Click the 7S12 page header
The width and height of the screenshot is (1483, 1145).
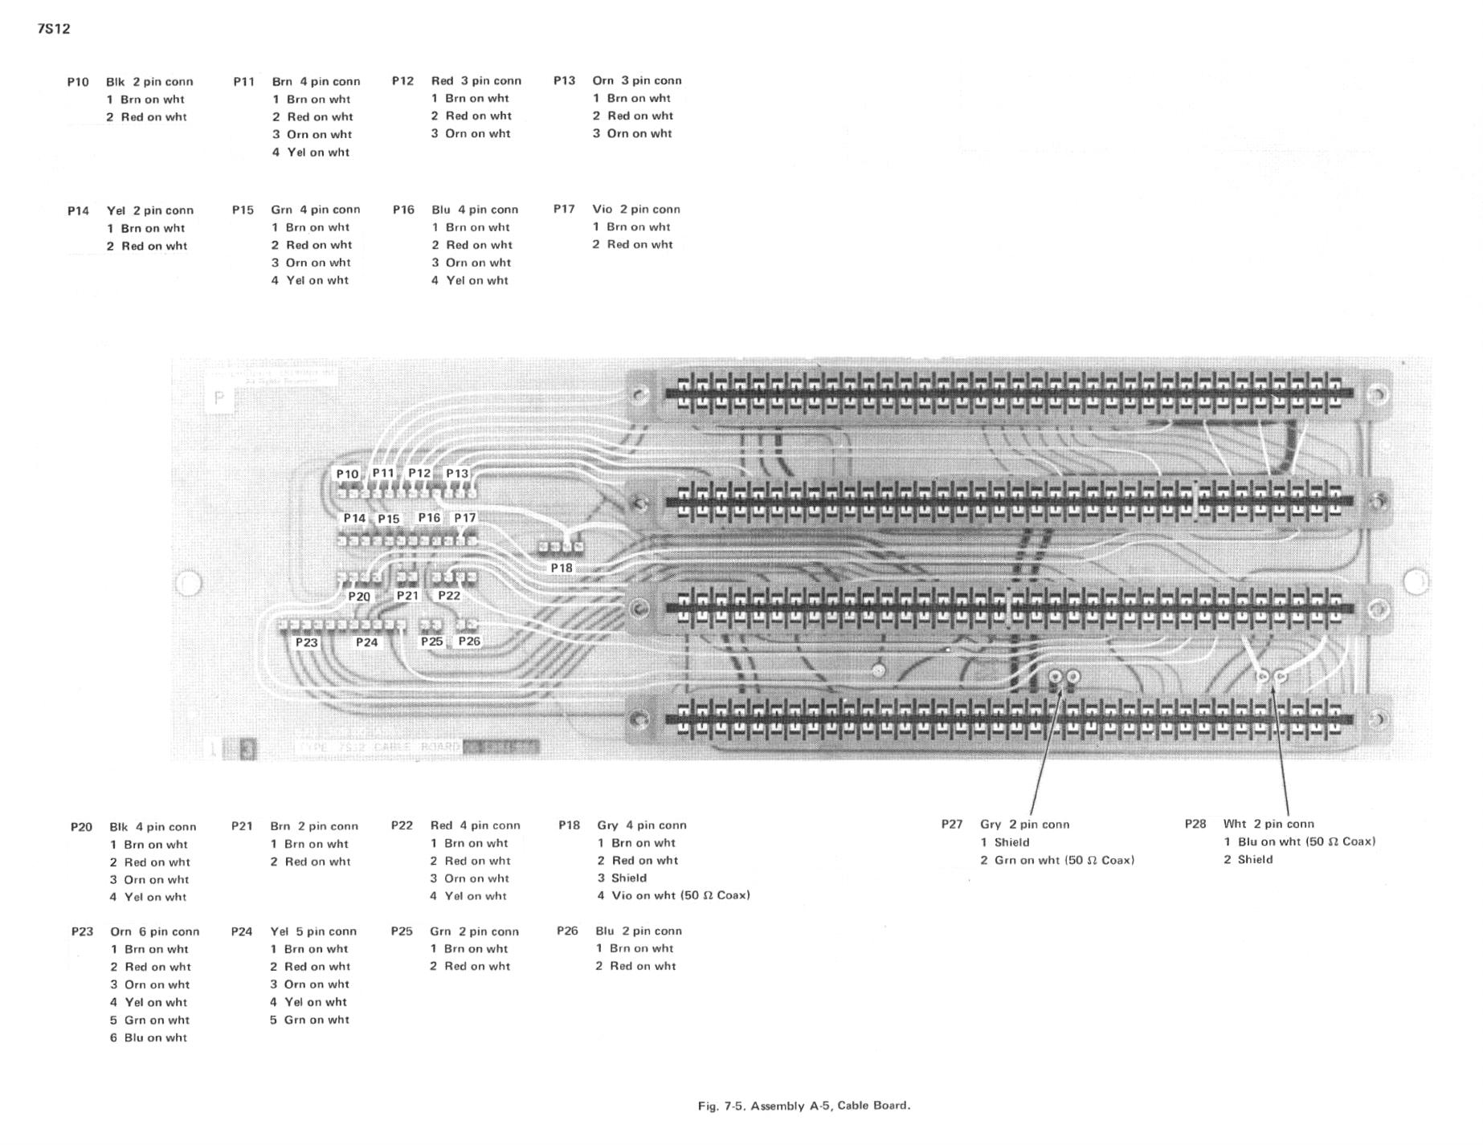point(54,29)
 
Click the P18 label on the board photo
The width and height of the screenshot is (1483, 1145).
point(562,568)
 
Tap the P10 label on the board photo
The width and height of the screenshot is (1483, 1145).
point(347,474)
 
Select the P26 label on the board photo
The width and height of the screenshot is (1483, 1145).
point(469,641)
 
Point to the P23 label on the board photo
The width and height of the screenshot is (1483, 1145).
point(306,642)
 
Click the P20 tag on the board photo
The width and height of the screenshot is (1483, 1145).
point(359,597)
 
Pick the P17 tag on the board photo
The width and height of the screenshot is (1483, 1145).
point(464,518)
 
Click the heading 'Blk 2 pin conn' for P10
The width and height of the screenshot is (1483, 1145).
point(149,82)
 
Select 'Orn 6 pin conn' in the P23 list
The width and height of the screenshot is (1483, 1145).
point(154,931)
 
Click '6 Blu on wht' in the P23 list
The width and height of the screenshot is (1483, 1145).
point(149,1037)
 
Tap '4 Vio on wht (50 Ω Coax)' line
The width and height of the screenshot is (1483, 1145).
point(673,895)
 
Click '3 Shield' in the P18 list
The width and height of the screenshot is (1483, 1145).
point(622,878)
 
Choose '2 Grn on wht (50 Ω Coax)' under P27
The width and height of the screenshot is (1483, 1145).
point(1057,860)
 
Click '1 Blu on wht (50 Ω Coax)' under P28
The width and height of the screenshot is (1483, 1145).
point(1300,841)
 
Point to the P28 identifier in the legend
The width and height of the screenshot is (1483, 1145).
point(1195,824)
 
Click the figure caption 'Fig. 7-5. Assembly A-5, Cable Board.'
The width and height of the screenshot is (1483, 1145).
point(803,1106)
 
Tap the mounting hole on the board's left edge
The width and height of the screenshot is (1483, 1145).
point(189,583)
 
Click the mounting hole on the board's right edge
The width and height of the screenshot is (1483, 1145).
point(1416,581)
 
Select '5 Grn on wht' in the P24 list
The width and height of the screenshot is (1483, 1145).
point(309,1020)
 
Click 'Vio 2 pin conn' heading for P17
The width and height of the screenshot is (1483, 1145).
point(636,210)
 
